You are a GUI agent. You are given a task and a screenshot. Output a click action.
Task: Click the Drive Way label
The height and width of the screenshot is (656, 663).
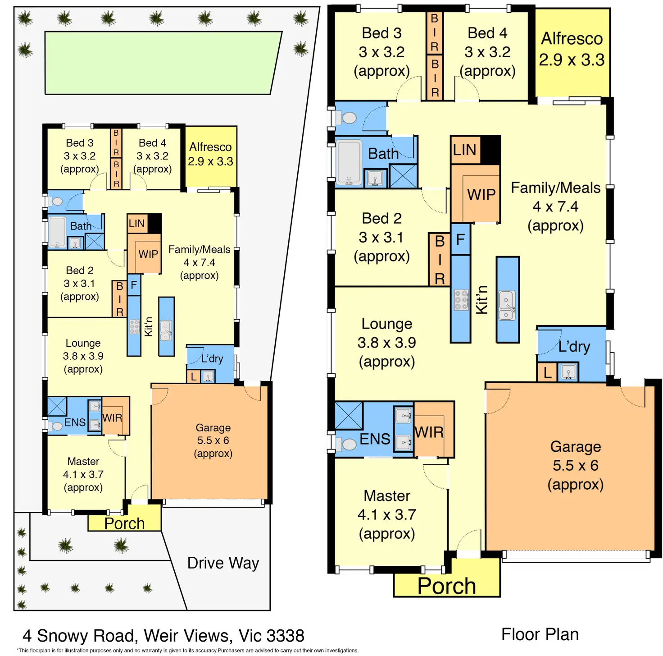pyautogui.click(x=223, y=563)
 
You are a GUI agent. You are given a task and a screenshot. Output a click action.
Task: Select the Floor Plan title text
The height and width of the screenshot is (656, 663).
pyautogui.click(x=540, y=634)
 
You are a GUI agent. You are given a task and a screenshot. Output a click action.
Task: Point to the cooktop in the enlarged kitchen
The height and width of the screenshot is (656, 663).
pyautogui.click(x=461, y=300)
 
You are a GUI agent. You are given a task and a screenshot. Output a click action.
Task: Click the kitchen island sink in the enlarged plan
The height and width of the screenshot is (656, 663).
pyautogui.click(x=507, y=305)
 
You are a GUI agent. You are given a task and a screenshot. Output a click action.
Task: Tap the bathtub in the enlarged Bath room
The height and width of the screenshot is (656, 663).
pyautogui.click(x=349, y=162)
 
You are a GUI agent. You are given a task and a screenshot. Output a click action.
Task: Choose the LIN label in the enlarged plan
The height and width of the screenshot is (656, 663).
pyautogui.click(x=465, y=150)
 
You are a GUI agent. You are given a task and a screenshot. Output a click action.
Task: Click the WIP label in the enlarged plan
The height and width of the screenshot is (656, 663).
pyautogui.click(x=481, y=194)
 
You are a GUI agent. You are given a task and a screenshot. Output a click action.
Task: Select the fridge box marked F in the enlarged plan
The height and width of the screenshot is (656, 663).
pyautogui.click(x=460, y=239)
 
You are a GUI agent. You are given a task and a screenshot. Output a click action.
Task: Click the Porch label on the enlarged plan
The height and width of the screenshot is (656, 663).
pyautogui.click(x=446, y=586)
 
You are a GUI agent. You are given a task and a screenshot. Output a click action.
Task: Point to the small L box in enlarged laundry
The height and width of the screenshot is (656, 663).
pyautogui.click(x=547, y=373)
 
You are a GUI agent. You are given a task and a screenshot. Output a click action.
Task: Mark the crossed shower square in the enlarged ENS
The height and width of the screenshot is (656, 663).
pyautogui.click(x=349, y=415)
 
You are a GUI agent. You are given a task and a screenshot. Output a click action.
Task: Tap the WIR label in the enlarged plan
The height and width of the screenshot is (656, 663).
pyautogui.click(x=429, y=432)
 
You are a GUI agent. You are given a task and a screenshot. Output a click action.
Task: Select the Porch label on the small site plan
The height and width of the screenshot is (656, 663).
pyautogui.click(x=124, y=523)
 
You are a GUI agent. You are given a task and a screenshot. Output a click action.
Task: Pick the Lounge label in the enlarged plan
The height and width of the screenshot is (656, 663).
pyautogui.click(x=386, y=324)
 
